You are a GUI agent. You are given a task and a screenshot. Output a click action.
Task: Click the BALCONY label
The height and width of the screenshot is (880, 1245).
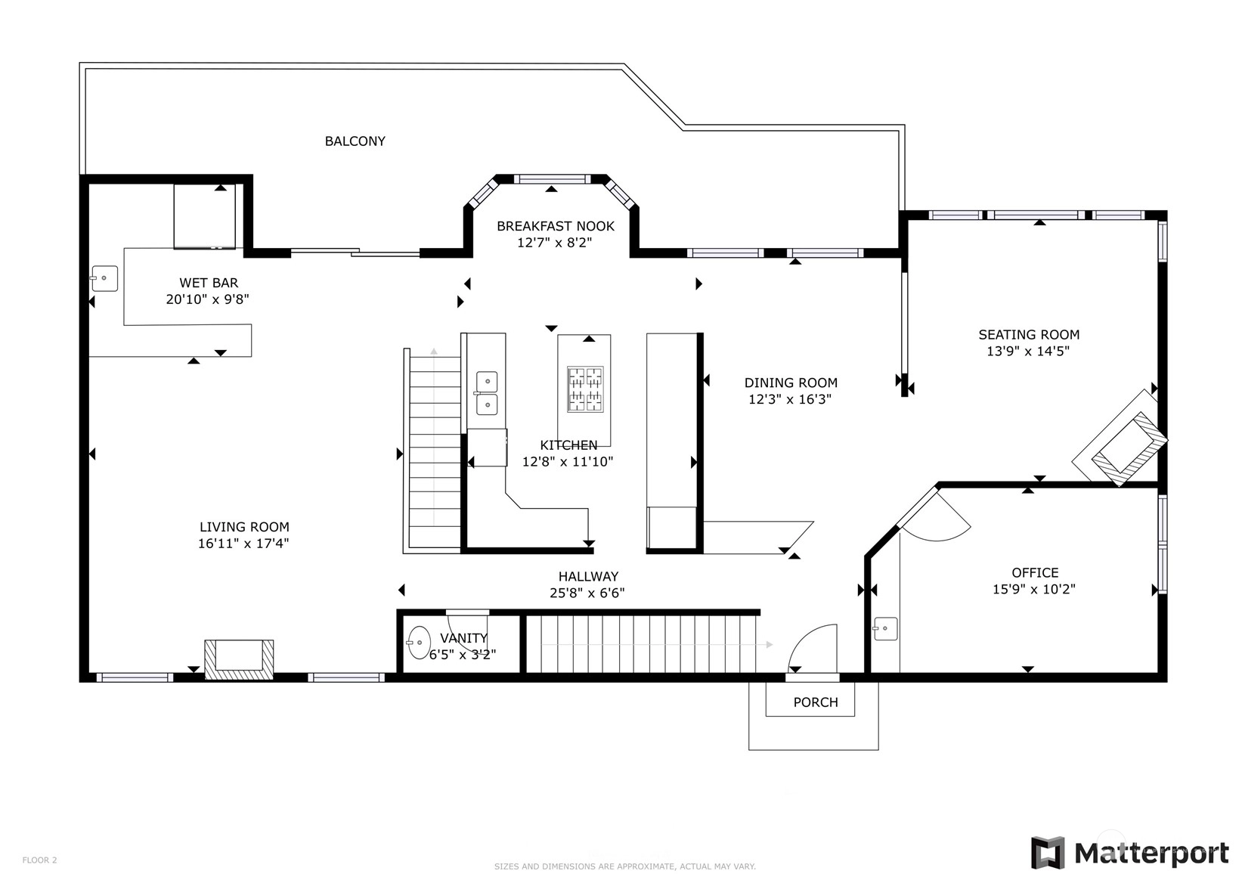pyautogui.click(x=355, y=141)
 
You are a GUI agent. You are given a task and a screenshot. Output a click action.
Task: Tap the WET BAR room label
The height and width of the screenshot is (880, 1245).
pyautogui.click(x=209, y=283)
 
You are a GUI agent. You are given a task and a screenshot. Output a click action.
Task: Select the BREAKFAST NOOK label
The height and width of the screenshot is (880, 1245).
pyautogui.click(x=556, y=226)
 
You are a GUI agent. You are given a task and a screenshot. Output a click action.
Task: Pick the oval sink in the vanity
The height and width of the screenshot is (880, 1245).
pyautogui.click(x=419, y=643)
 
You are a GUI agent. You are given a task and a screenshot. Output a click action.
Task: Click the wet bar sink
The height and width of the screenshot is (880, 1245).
pyautogui.click(x=104, y=278)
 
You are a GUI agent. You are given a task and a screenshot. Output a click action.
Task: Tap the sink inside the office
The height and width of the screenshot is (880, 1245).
pyautogui.click(x=885, y=629)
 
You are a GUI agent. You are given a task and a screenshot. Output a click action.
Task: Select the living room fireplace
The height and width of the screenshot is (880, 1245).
pyautogui.click(x=239, y=659)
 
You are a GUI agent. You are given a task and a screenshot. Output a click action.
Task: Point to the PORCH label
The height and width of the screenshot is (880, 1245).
pyautogui.click(x=816, y=702)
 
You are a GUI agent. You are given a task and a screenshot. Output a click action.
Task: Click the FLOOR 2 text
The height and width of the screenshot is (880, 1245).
pyautogui.click(x=39, y=860)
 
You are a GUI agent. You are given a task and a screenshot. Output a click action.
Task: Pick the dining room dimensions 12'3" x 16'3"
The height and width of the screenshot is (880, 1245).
pyautogui.click(x=790, y=399)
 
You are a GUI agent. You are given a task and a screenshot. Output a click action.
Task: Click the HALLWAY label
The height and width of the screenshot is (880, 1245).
pyautogui.click(x=588, y=577)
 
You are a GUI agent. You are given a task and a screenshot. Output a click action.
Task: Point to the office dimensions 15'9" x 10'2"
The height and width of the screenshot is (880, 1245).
pyautogui.click(x=1034, y=589)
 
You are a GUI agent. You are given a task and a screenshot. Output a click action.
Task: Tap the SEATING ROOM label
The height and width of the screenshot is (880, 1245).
pyautogui.click(x=1029, y=335)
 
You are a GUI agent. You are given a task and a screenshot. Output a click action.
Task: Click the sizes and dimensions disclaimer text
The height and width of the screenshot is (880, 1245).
pyautogui.click(x=624, y=866)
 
